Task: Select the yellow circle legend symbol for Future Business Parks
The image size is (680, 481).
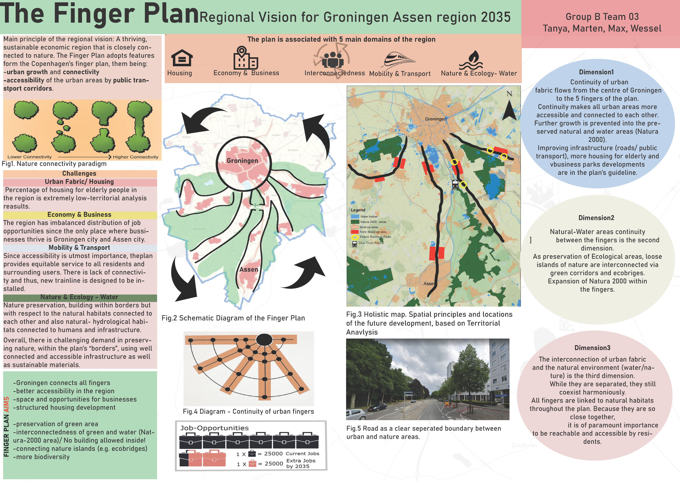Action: [354, 237]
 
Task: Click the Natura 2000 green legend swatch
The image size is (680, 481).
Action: [355, 222]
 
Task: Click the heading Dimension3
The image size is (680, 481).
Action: [592, 348]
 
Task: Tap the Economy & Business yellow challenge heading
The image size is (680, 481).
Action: [79, 214]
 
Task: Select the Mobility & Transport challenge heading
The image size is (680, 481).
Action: [79, 248]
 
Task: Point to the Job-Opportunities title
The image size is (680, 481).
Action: [214, 428]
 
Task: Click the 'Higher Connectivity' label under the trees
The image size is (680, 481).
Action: [135, 157]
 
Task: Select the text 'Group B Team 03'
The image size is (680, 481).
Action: [602, 17]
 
